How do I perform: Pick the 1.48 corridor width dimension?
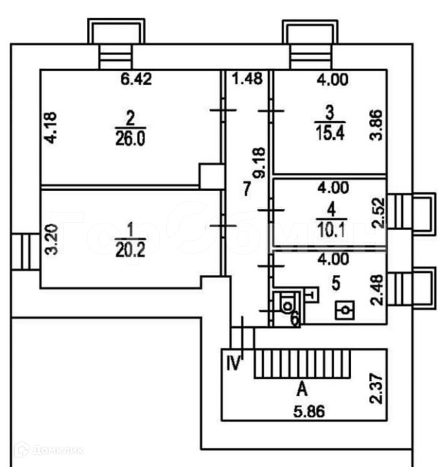(x=247, y=80)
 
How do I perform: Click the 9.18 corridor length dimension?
(x=259, y=165)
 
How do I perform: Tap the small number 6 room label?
(x=295, y=320)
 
